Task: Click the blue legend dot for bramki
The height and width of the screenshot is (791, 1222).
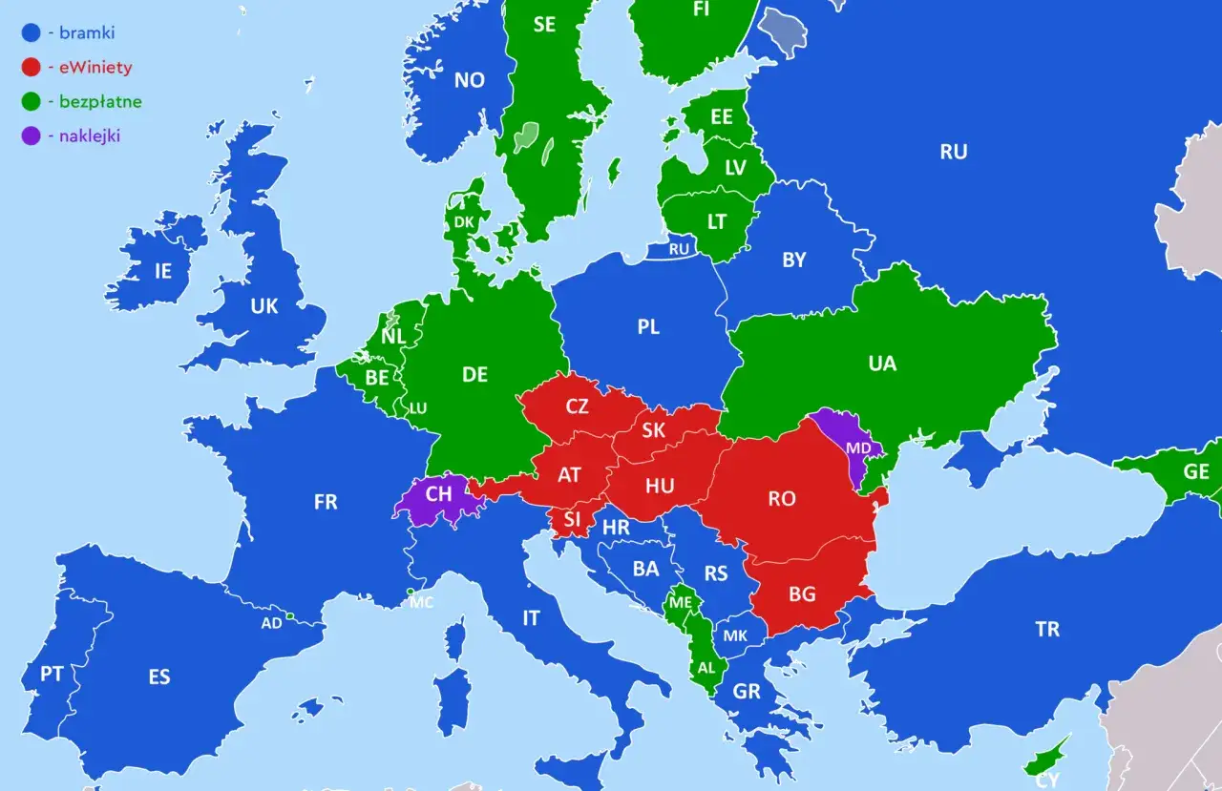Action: [32, 33]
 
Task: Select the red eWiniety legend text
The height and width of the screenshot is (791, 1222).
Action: [95, 68]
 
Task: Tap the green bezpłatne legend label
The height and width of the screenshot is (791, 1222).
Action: [100, 101]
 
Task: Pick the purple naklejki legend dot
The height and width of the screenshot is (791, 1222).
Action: [32, 135]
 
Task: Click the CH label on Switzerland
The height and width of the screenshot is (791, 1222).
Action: [439, 495]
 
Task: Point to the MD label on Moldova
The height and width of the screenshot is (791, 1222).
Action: [858, 448]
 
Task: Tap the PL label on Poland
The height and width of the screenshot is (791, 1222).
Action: [648, 327]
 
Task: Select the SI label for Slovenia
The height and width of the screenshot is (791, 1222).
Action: [572, 520]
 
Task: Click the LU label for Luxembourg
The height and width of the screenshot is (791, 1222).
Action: [417, 408]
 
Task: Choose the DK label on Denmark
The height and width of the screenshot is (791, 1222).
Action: [464, 222]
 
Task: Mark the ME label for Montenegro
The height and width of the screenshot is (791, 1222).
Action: [681, 603]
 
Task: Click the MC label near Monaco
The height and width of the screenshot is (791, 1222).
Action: [421, 603]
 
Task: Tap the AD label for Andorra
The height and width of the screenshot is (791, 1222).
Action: [272, 623]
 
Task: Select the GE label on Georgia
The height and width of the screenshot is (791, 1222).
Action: [1195, 472]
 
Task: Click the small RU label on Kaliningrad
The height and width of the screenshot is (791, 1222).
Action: [679, 250]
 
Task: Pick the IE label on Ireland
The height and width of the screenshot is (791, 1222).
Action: [163, 272]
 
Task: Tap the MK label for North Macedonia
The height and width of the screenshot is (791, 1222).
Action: [735, 636]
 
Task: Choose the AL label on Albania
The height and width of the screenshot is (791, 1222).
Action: [706, 668]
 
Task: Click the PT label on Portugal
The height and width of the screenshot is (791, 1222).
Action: [52, 675]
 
